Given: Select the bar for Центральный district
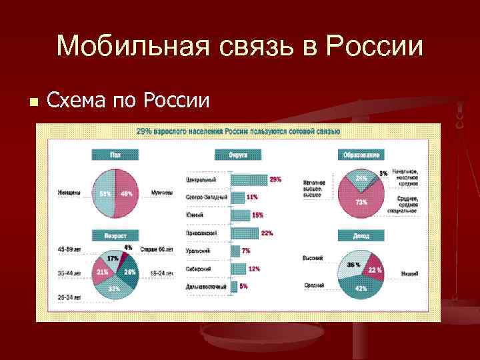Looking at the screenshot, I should click(249, 180).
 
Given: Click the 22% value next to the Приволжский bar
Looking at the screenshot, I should click(267, 233).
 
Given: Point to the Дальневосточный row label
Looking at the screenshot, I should click(207, 286).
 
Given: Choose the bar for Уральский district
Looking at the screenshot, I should click(235, 251).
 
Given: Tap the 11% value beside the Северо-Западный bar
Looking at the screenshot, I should click(252, 197).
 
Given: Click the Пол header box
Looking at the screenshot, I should click(115, 155).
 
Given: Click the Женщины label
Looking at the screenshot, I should click(69, 194).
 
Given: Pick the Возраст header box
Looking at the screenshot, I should click(115, 235).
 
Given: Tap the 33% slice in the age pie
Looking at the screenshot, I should click(114, 289).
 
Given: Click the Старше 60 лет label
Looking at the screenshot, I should click(158, 249).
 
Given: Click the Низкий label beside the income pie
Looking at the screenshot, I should click(410, 273).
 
